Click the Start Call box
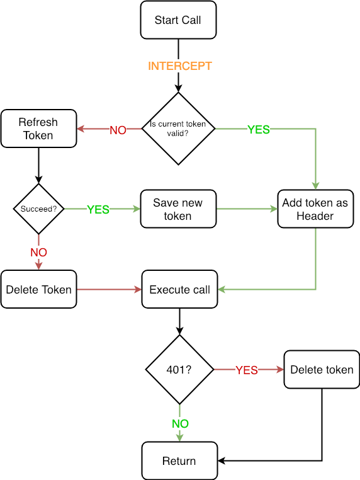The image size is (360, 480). pyautogui.click(x=179, y=20)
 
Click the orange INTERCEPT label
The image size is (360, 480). pyautogui.click(x=179, y=66)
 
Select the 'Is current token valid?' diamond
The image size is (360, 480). pyautogui.click(x=179, y=129)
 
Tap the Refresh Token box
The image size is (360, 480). pyautogui.click(x=38, y=129)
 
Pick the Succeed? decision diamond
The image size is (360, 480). pyautogui.click(x=38, y=209)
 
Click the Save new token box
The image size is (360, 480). pyautogui.click(x=178, y=209)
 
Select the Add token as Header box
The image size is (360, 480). pyautogui.click(x=315, y=209)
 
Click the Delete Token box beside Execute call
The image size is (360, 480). pyautogui.click(x=38, y=290)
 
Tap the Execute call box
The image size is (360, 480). pyautogui.click(x=179, y=290)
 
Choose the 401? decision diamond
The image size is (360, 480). pyautogui.click(x=179, y=370)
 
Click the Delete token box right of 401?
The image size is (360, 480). pyautogui.click(x=322, y=370)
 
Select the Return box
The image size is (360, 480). pyautogui.click(x=179, y=461)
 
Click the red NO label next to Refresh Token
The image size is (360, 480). pyautogui.click(x=118, y=130)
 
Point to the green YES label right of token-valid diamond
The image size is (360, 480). pyautogui.click(x=258, y=130)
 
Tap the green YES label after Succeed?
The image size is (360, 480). pyautogui.click(x=98, y=210)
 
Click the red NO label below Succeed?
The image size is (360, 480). pyautogui.click(x=38, y=253)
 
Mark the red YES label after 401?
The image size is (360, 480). pyautogui.click(x=247, y=370)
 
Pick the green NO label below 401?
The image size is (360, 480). pyautogui.click(x=180, y=424)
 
